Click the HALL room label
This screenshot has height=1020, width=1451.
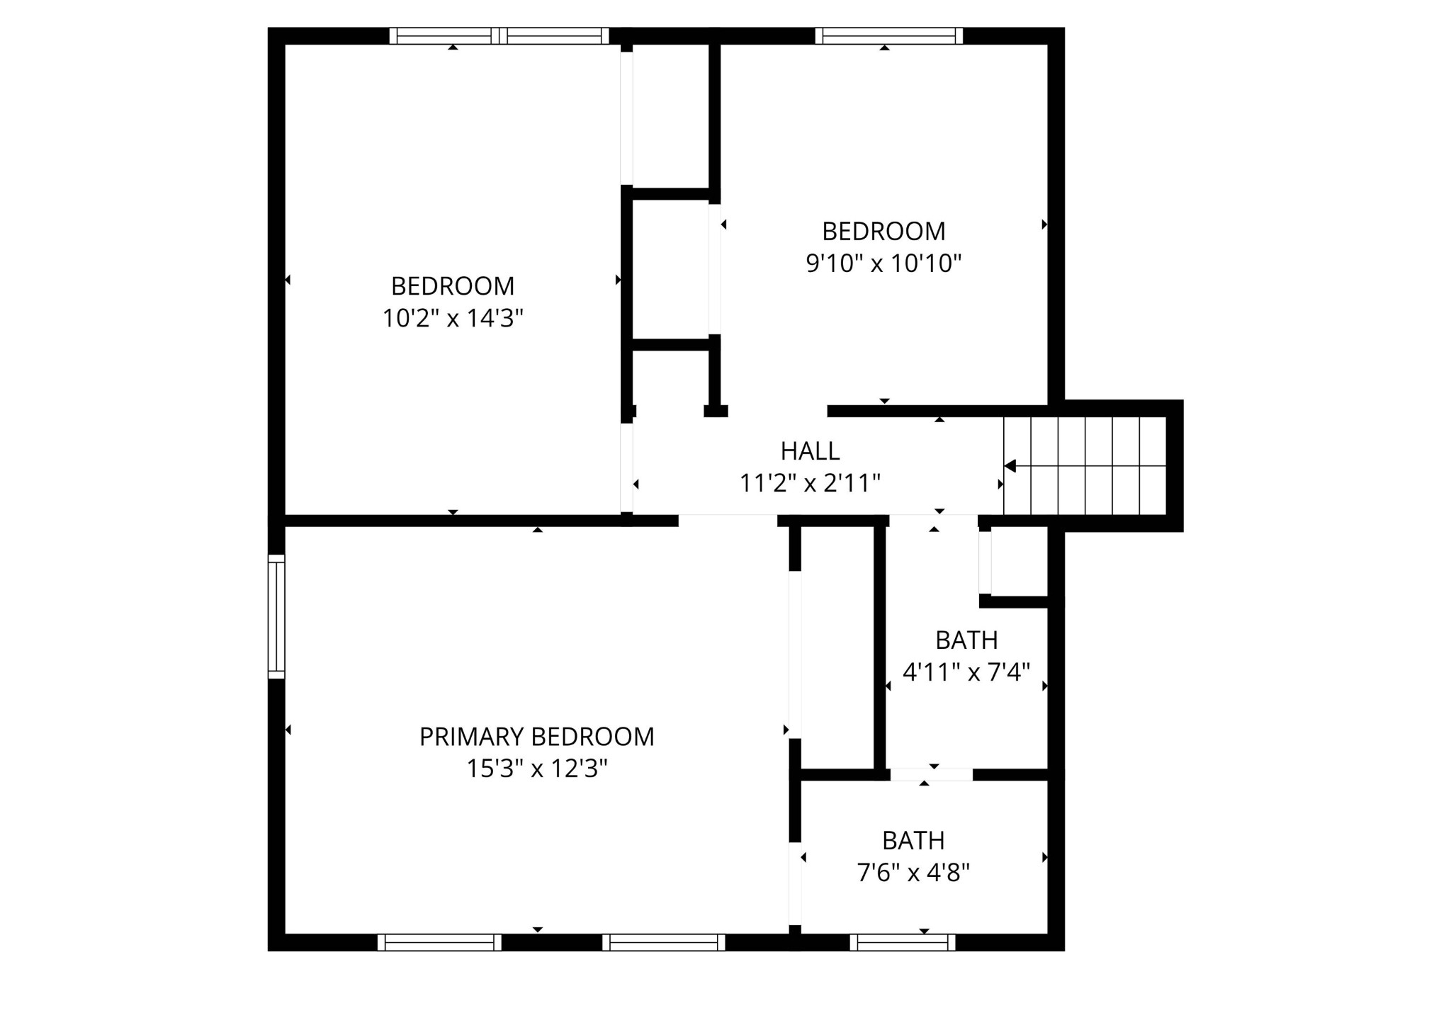810,451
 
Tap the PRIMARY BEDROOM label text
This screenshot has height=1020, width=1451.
536,737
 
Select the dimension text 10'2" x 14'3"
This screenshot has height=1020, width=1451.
453,319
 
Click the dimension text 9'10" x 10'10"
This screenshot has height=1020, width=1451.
883,264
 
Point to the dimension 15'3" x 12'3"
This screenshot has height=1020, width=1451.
537,769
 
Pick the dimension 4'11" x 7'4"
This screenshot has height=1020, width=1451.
966,672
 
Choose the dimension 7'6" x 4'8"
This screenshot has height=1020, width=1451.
913,873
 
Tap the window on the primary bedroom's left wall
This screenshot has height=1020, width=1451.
276,616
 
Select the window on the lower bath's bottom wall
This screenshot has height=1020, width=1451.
903,942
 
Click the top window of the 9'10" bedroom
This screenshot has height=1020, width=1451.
888,35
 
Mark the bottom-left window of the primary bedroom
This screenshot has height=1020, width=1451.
439,942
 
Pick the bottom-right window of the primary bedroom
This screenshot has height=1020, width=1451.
664,942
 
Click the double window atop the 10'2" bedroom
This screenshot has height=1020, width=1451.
499,35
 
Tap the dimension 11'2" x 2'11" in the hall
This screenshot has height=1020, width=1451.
810,484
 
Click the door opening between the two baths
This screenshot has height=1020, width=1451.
931,775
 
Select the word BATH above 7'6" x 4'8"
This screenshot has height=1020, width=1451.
913,841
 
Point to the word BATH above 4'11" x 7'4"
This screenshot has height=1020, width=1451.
966,640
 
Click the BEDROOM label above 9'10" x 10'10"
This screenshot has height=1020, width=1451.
883,232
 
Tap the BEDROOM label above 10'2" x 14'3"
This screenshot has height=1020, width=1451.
453,286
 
